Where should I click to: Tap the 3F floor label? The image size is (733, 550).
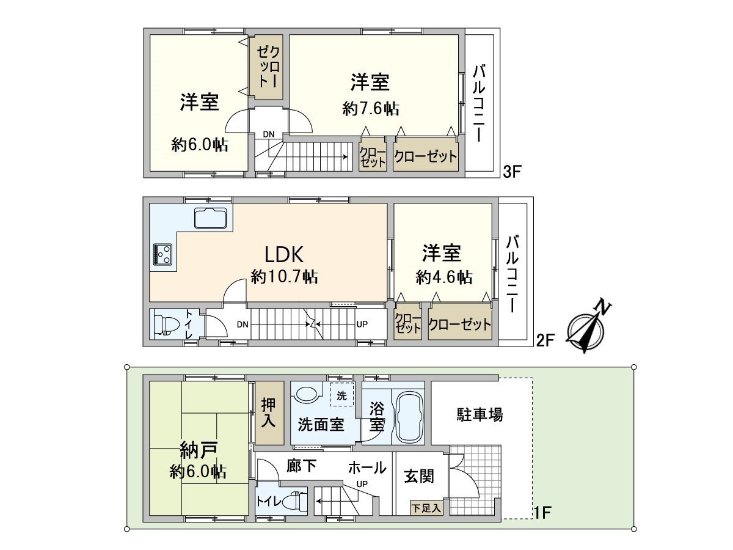pyautogui.click(x=511, y=172)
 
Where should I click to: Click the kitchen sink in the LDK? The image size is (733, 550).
pyautogui.click(x=210, y=217)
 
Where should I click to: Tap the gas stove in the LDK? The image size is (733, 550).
pyautogui.click(x=162, y=254)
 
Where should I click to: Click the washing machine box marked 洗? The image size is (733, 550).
pyautogui.click(x=341, y=395)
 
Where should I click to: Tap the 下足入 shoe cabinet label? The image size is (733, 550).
pyautogui.click(x=426, y=507)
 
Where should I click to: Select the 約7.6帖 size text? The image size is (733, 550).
pyautogui.click(x=371, y=109)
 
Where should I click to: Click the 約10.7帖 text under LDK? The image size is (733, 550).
pyautogui.click(x=284, y=277)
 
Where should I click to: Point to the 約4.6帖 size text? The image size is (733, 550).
pyautogui.click(x=443, y=277)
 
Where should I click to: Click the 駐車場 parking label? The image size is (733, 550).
pyautogui.click(x=480, y=415)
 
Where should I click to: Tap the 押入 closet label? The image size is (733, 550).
pyautogui.click(x=269, y=413)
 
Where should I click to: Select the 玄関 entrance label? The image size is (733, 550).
pyautogui.click(x=419, y=475)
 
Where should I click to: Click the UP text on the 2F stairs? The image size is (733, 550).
pyautogui.click(x=362, y=324)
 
